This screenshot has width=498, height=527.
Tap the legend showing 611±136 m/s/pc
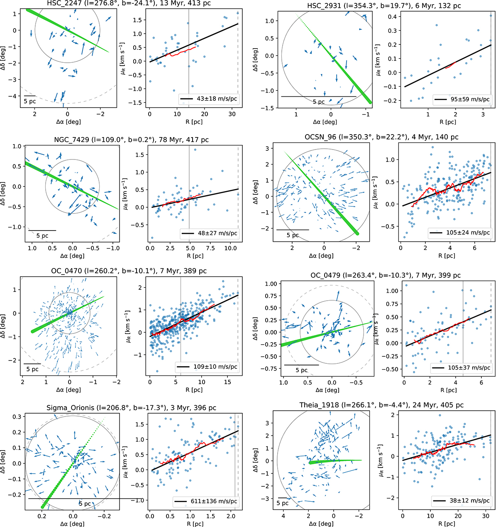206,502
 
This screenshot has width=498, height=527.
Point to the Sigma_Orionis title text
124,408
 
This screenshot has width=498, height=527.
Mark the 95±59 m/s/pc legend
461,99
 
